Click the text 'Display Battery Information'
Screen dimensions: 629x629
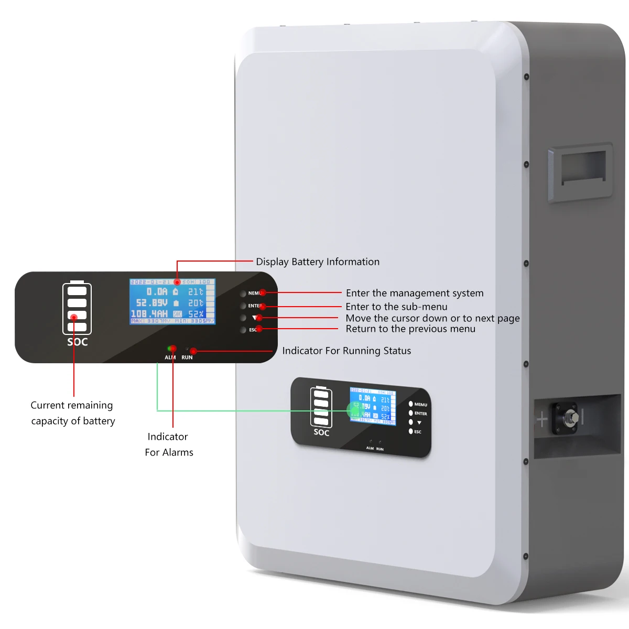point(318,262)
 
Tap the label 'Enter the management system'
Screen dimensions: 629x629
point(415,293)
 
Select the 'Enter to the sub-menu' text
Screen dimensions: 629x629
point(396,307)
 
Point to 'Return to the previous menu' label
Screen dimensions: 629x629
point(410,329)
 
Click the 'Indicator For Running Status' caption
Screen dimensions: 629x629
point(346,351)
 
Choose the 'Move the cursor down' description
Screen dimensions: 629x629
point(432,318)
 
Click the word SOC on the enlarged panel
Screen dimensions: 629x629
point(77,342)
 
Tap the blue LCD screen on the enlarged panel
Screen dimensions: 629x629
point(172,301)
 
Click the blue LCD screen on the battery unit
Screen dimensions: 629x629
point(373,406)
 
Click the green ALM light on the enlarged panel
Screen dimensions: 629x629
point(170,349)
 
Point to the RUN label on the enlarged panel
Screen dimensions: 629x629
point(187,357)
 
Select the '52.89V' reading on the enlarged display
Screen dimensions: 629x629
point(151,303)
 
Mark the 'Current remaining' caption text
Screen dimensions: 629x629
point(72,405)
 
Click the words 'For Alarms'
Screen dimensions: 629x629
point(169,452)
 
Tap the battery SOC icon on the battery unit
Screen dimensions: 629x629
point(321,407)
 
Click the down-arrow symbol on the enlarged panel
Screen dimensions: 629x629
point(255,318)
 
